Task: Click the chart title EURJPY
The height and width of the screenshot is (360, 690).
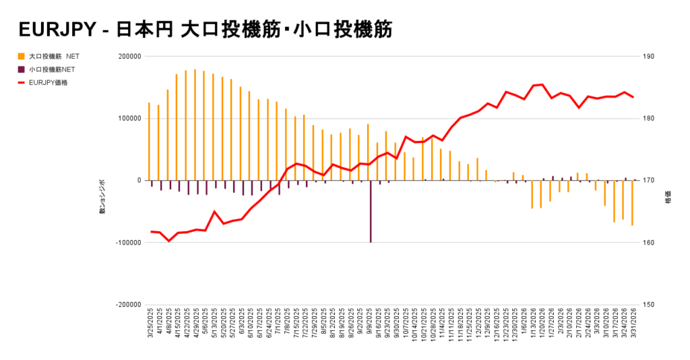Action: pos(57,29)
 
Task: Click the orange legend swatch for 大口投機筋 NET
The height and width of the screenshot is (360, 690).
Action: pos(22,56)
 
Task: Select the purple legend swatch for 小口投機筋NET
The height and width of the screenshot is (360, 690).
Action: pos(22,69)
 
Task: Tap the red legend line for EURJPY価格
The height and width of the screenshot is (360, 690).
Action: pos(22,82)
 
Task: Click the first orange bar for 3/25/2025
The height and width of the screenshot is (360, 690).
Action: pos(149,142)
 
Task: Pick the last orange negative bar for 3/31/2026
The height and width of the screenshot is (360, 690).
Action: pos(632,202)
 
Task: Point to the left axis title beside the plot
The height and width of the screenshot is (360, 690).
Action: pos(102,197)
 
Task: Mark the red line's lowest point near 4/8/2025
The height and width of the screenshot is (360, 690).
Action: pos(169,241)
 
